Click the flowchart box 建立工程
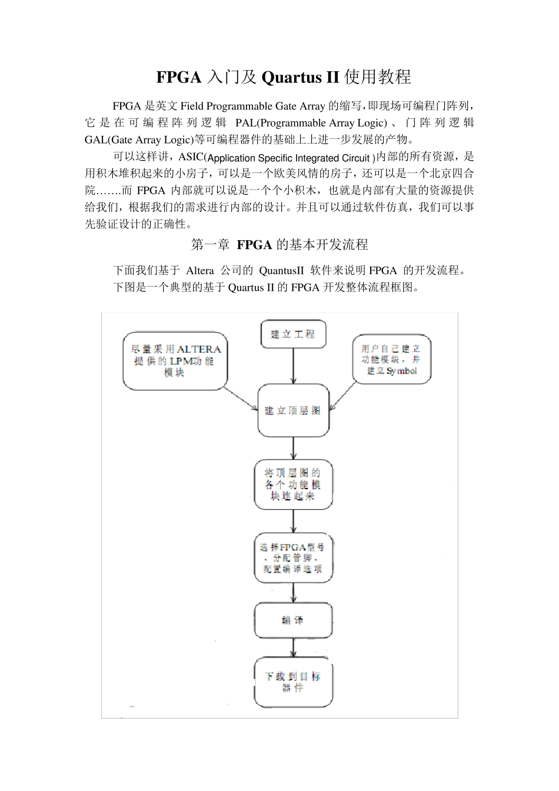293,334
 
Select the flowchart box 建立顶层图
293,410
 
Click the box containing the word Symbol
391,359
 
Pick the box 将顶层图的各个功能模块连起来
293,484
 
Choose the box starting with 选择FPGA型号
293,558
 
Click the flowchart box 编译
293,620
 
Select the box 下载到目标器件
293,683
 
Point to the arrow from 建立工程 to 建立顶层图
293,366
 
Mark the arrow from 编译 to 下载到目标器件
293,648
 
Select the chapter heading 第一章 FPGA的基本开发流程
279,244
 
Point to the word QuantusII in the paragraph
281,271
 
